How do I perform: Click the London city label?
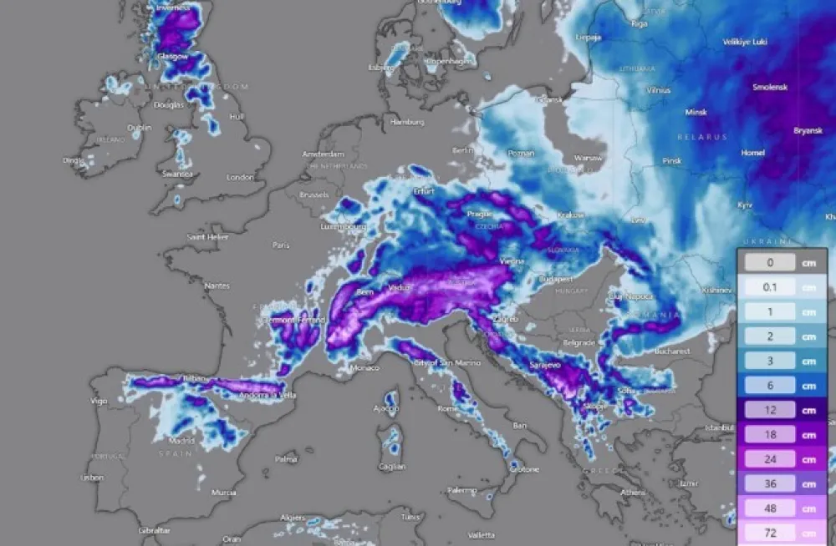(239, 177)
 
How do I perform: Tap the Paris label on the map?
(281, 245)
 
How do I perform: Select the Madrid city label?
(181, 440)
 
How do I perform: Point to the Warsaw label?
(589, 158)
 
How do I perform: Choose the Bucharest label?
(673, 351)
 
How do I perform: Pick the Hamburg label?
(407, 122)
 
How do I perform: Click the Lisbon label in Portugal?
(92, 478)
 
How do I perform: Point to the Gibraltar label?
(154, 530)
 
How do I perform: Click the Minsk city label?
(696, 112)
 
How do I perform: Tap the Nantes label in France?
(217, 286)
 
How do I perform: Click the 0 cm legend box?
(770, 262)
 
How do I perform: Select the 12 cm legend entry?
(770, 410)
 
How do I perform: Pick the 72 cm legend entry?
(770, 533)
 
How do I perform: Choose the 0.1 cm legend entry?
(770, 287)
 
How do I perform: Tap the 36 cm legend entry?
(770, 483)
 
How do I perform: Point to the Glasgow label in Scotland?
(172, 56)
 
